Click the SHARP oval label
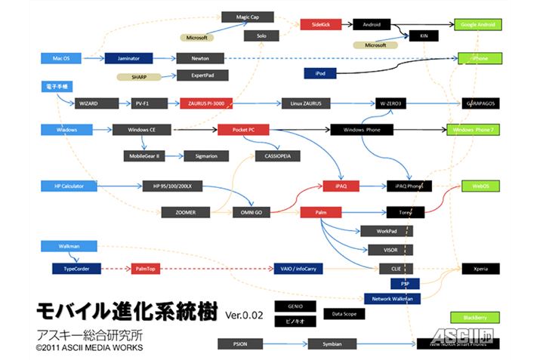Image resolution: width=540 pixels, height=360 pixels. [138, 77]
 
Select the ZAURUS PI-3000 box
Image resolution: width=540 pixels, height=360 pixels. [206, 103]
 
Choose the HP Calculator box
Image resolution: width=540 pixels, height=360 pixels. [68, 186]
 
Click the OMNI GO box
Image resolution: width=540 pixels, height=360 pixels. [251, 212]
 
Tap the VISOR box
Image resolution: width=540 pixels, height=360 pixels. [385, 249]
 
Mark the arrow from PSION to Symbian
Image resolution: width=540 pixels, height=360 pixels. [285, 344]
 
